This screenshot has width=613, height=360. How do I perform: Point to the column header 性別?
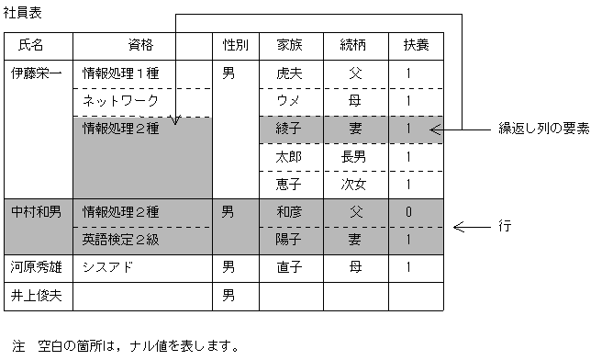coord(235,44)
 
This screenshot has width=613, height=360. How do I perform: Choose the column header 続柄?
coord(354,44)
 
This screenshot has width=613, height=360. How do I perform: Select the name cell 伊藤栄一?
coord(36,73)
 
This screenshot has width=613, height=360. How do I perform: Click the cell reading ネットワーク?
coord(121,101)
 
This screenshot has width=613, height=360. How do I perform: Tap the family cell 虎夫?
coord(287,73)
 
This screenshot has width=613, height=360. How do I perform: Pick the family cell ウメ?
coord(287,101)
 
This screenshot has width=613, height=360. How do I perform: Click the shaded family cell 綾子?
coord(287,129)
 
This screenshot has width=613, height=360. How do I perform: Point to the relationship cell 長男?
coord(354,156)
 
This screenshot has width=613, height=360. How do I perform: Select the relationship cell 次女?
coord(354,185)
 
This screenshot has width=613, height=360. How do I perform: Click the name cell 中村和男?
coord(36,212)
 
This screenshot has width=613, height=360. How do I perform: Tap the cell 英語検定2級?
coord(121,240)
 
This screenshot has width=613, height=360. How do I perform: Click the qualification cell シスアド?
coord(108,268)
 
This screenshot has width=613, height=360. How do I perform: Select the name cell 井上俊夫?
coord(36,296)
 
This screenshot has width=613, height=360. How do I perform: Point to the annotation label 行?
coord(505,225)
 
